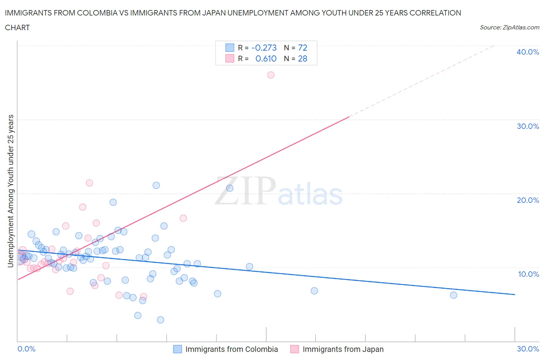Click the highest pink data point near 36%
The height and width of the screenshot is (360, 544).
coord(271,75)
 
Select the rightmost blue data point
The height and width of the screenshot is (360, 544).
coord(453,295)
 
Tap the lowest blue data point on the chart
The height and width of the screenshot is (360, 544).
coord(161,320)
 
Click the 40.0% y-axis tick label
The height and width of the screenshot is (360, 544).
coord(528,52)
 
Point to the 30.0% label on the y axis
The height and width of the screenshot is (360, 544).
coord(528,126)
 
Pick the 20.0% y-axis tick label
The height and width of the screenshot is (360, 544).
coord(528,200)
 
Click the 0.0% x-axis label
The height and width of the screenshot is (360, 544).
coord(26,349)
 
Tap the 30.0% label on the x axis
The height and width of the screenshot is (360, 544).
coord(528,349)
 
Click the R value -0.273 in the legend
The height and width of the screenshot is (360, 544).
coord(264,48)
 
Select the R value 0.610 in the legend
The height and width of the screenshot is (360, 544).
coord(266,58)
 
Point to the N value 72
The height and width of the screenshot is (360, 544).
coord(302,48)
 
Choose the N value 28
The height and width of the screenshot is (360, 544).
coord(302,58)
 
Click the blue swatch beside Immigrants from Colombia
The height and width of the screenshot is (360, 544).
coord(178,349)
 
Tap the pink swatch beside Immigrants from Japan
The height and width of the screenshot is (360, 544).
coord(295,349)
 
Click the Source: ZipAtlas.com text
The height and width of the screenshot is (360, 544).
coord(509,27)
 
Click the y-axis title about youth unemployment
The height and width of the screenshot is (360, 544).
coord(10,191)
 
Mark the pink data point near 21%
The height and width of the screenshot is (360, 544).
coord(89,183)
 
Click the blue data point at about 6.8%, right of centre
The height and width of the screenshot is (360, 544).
coord(314,291)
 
